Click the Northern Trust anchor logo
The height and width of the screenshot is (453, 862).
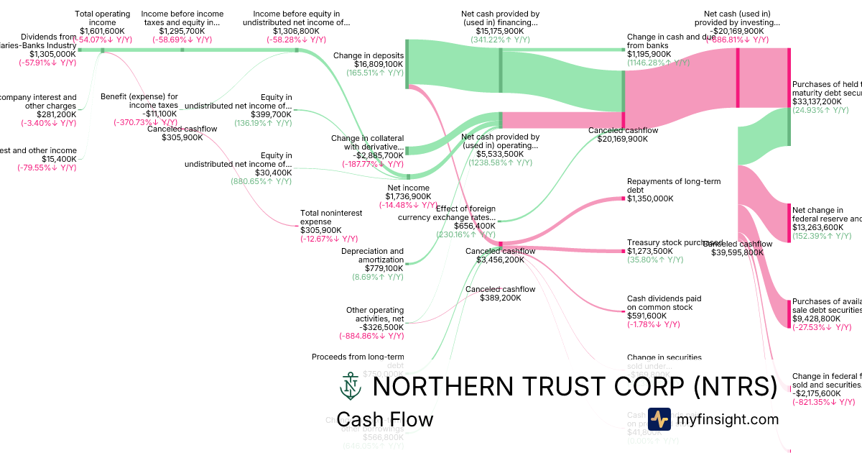(x=350, y=386)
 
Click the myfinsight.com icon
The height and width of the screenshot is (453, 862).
(x=659, y=419)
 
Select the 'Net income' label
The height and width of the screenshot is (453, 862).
(x=408, y=187)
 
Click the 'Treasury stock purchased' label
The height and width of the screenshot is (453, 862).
(x=673, y=242)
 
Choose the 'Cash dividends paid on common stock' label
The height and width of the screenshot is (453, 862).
(x=664, y=303)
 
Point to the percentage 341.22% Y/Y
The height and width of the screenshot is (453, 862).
(x=501, y=40)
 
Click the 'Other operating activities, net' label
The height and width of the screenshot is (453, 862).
(x=375, y=314)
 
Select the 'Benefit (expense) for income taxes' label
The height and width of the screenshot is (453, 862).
(x=139, y=100)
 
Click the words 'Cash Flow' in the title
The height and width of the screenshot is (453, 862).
(x=385, y=419)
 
